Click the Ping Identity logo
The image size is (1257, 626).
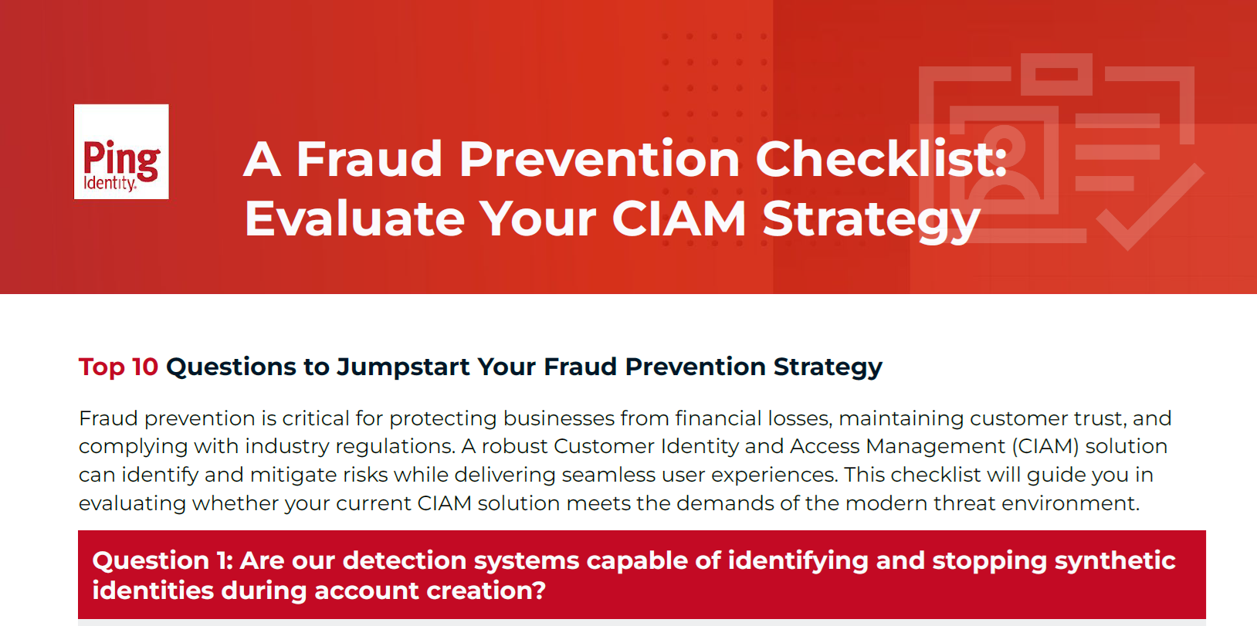[121, 151]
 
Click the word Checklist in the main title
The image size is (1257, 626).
[881, 159]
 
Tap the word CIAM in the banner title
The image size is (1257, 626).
[679, 218]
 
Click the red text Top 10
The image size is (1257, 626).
[118, 367]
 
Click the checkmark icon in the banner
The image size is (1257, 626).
[1150, 208]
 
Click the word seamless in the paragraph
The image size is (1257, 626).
[608, 475]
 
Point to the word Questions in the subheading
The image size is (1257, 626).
[231, 367]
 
